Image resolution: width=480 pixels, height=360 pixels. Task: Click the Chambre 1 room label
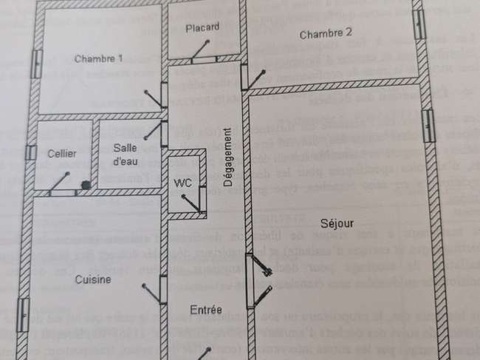click(98, 58)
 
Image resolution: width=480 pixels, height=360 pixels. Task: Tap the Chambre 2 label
click(326, 34)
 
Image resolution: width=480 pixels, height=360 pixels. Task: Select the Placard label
click(202, 27)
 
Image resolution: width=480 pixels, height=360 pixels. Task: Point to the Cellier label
click(62, 154)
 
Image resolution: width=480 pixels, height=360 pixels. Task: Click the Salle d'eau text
click(126, 154)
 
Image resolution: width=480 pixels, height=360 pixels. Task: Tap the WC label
click(182, 183)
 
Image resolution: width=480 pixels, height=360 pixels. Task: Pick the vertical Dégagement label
click(227, 157)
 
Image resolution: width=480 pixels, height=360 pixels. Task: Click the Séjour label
click(337, 223)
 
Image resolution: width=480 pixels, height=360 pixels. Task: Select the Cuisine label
click(93, 279)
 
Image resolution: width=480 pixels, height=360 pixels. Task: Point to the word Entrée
click(206, 310)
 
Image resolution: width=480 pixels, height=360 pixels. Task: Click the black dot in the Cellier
click(86, 185)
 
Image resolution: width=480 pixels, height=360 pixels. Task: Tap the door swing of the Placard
click(201, 50)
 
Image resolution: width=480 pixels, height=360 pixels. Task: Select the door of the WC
click(192, 203)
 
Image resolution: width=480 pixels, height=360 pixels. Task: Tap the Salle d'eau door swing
click(154, 131)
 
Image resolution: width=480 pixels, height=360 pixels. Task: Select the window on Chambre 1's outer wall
click(37, 64)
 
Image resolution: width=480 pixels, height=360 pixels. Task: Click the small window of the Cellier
click(31, 152)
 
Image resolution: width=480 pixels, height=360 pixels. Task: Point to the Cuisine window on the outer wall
click(23, 315)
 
